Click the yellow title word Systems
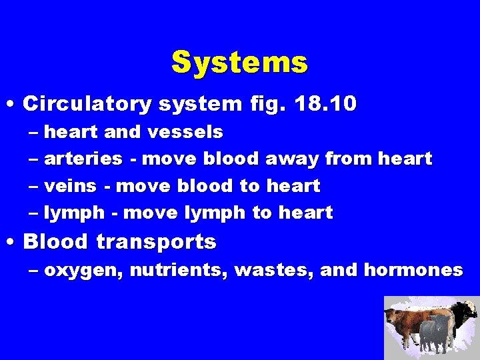tap(239, 63)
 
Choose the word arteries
tap(83, 159)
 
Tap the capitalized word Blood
tap(55, 241)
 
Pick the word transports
tap(156, 243)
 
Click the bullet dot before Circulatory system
tap(13, 105)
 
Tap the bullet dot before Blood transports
tap(13, 242)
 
